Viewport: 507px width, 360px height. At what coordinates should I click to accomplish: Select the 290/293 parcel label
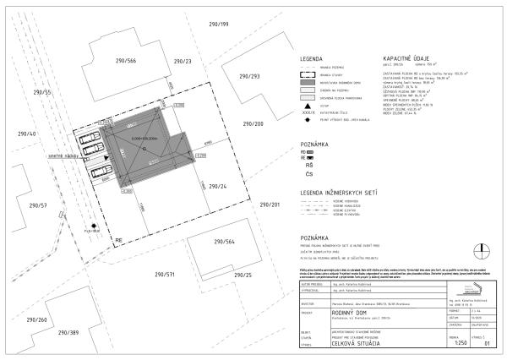(x=248, y=76)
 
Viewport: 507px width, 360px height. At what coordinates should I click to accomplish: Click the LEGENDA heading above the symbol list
(x=313, y=59)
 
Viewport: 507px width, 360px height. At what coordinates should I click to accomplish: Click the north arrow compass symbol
(x=481, y=249)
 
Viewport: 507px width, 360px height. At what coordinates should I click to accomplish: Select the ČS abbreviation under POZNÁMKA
(x=308, y=173)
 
